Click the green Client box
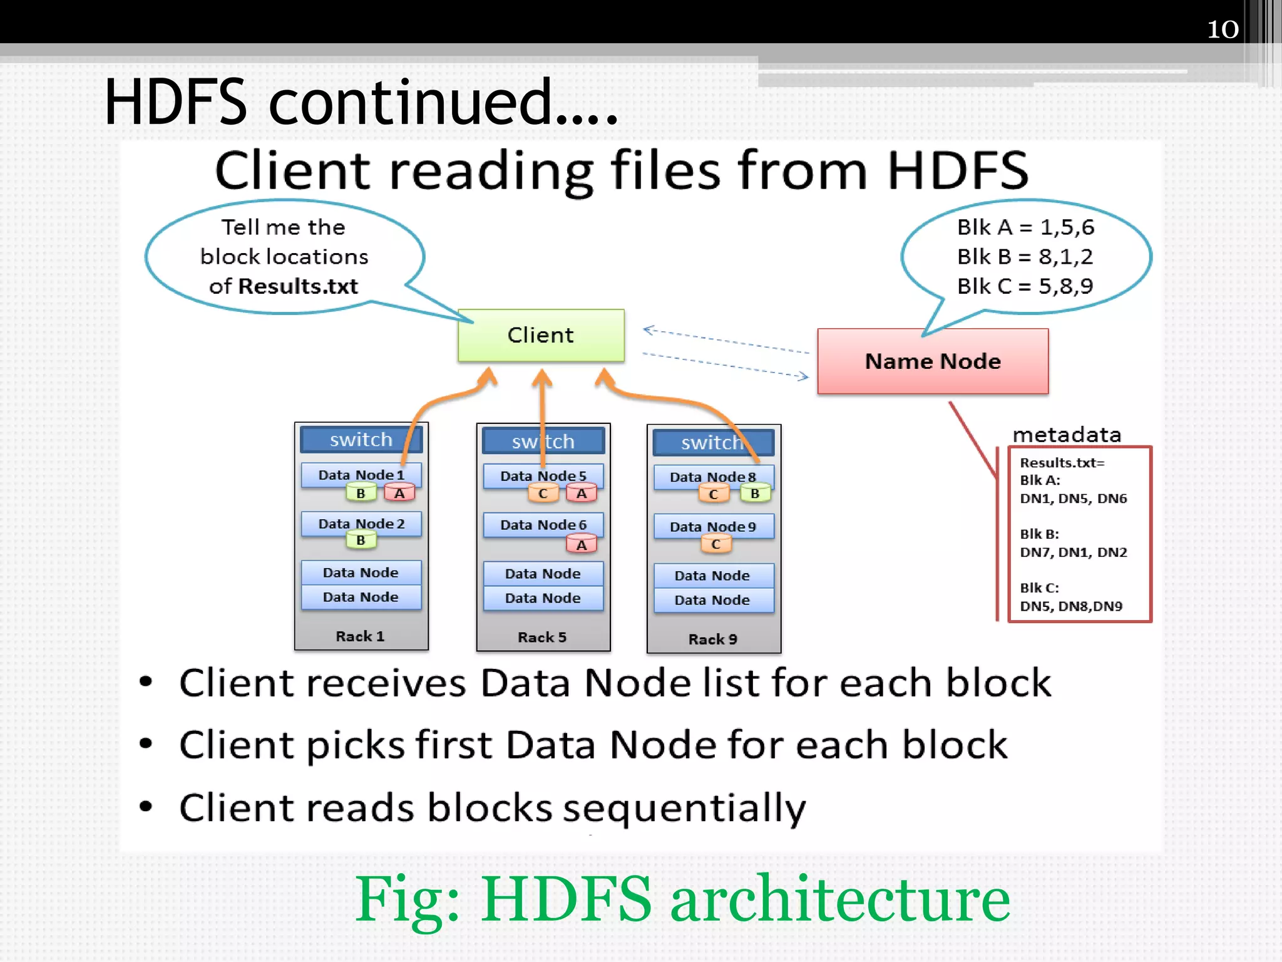[541, 335]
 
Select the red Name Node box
[933, 361]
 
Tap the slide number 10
[1222, 29]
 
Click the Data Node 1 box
[361, 474]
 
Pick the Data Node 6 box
[543, 524]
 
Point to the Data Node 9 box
[713, 526]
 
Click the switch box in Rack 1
[361, 440]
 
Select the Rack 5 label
[542, 637]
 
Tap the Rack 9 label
[713, 639]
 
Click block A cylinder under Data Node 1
[399, 494]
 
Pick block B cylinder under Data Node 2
[361, 540]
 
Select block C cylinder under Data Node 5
[543, 494]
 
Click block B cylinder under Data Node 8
[755, 494]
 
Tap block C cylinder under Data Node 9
[715, 544]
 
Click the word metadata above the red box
[1067, 435]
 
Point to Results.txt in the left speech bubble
[298, 286]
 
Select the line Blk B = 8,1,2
[1025, 256]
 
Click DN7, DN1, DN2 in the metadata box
[1073, 552]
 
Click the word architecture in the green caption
[840, 899]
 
